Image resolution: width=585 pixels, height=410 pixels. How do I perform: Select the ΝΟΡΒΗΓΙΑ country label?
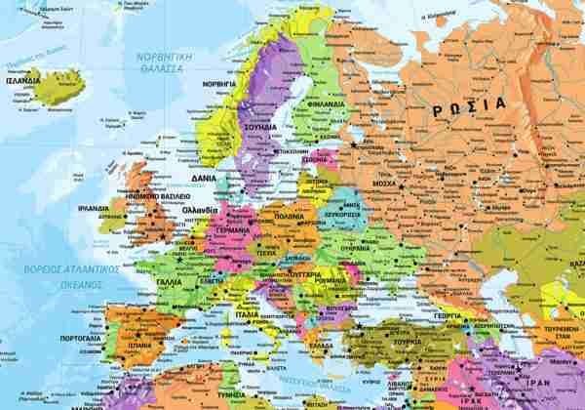(218, 85)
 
